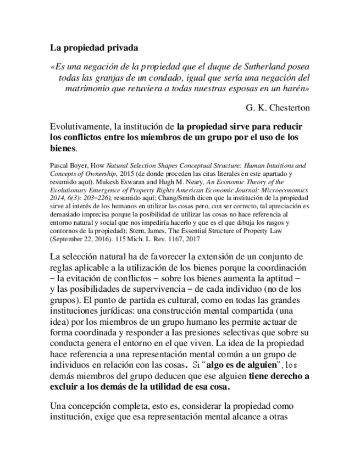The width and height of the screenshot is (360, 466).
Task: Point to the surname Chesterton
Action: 287,107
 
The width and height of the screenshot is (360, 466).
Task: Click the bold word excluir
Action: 65,386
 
